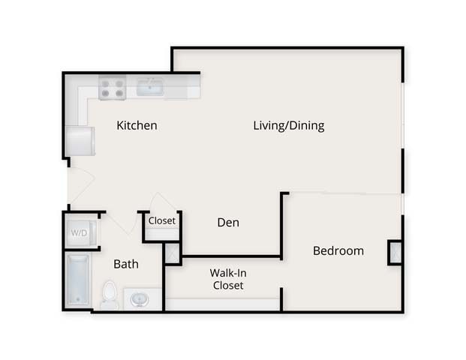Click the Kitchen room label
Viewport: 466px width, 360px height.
tap(137, 125)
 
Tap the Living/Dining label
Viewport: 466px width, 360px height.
tap(288, 125)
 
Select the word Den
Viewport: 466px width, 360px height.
tap(228, 222)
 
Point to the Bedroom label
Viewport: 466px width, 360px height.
tap(338, 250)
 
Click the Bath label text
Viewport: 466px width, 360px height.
tap(125, 264)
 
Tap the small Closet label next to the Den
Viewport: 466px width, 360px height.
tap(161, 220)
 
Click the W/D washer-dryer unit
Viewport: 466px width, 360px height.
tap(80, 232)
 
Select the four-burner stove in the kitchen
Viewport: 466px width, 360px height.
tap(112, 88)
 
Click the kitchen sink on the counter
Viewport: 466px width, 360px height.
tap(151, 88)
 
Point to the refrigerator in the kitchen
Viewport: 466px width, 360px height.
tap(80, 140)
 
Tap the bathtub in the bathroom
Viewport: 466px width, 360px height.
tap(78, 280)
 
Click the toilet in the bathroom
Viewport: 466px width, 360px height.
tap(110, 294)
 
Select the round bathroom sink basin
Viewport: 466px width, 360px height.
tap(140, 299)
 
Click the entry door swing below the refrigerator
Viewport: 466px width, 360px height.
tap(80, 185)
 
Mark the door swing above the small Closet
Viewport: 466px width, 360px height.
tap(162, 203)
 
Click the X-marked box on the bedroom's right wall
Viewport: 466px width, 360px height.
tap(395, 252)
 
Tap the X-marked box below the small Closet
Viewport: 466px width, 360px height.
tap(172, 253)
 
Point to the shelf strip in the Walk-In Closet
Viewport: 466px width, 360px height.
tap(222, 304)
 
